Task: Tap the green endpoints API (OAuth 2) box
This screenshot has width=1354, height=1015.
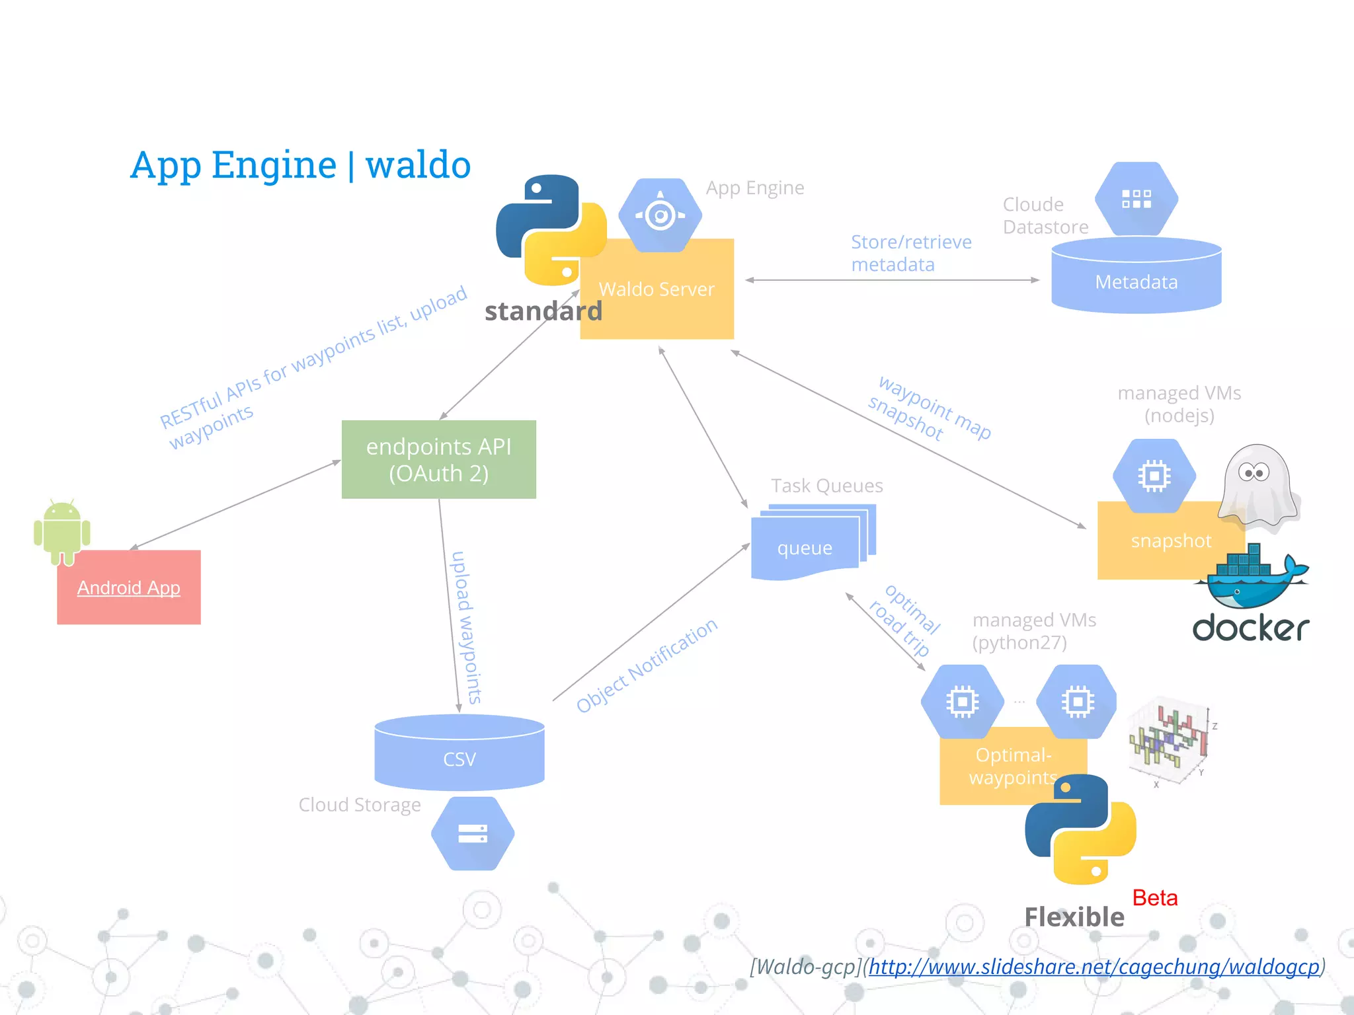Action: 438,459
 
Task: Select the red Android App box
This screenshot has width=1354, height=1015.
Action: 129,587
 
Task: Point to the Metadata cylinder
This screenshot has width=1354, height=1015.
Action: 1136,282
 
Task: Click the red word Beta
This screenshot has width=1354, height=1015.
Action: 1154,897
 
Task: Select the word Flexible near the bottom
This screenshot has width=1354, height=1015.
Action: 1074,917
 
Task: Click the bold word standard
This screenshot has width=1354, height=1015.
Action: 543,311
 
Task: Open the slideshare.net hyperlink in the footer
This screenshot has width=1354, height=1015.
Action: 1094,967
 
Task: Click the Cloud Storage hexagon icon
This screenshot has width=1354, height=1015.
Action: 473,833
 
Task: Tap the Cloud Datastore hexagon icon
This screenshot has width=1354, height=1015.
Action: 1136,199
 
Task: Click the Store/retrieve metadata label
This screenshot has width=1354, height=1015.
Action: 910,253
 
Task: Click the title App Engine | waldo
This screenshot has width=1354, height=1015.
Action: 300,165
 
